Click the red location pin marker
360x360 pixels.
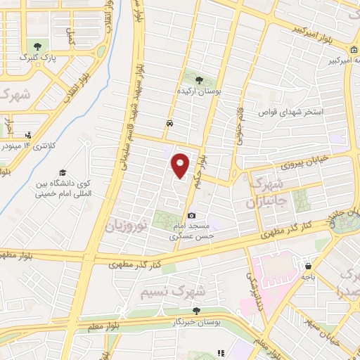[x=181, y=166]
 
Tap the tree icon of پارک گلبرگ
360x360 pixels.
[x=38, y=46]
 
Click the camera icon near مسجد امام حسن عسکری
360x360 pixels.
[x=191, y=215]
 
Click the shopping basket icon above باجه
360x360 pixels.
[x=308, y=266]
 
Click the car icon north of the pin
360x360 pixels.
[x=169, y=123]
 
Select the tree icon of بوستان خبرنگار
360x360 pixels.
[x=196, y=310]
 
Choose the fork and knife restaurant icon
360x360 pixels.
[x=220, y=353]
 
